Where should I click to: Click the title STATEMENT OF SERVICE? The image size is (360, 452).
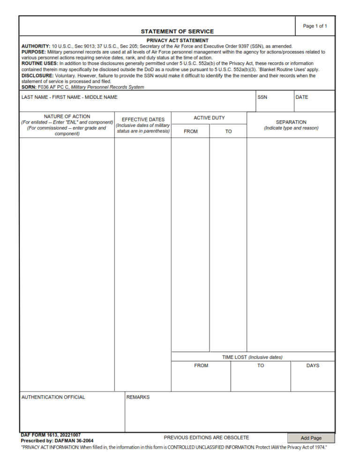coord(177,31)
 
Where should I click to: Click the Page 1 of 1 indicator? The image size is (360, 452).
coord(315,26)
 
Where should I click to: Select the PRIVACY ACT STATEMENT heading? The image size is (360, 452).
coord(177,41)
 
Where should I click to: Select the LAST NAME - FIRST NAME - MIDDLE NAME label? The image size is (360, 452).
coord(69,97)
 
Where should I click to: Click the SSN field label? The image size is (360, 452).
coord(262,97)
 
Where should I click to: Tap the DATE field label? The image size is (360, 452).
coord(302,97)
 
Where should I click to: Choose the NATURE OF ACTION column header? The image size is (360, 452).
coord(67,117)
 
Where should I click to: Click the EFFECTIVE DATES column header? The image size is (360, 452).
coord(143,119)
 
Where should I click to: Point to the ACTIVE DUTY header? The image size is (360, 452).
coord(209,118)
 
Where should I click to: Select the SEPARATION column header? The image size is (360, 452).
coord(291,122)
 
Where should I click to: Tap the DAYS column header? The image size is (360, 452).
coord(313,366)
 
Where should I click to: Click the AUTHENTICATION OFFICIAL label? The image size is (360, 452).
coord(53,397)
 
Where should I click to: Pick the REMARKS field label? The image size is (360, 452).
coord(138,397)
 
